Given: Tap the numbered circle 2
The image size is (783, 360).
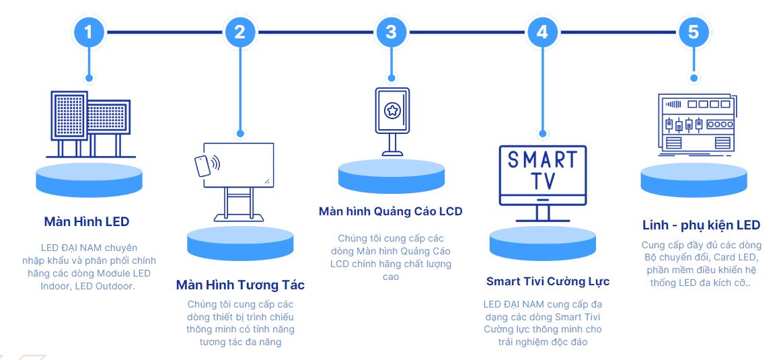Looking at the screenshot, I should point(240,31).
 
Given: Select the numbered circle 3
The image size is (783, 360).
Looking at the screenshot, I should point(392,31).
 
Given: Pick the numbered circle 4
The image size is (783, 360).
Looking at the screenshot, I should point(542,31).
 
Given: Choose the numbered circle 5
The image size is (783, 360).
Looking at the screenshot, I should point(694,31).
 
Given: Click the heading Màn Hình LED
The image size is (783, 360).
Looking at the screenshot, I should point(86,221).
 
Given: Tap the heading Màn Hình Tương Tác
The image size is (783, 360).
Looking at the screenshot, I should point(240,285).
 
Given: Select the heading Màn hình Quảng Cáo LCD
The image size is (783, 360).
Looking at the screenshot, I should point(390,211).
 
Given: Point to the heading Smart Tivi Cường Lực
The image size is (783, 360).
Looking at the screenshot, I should point(548,281).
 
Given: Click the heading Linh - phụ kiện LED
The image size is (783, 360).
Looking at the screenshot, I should point(700,225).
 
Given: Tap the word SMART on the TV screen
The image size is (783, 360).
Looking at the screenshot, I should point(542,160).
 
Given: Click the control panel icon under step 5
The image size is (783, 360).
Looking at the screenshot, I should point(694,122).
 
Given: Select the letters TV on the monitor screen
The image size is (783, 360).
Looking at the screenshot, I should point(542,182).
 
